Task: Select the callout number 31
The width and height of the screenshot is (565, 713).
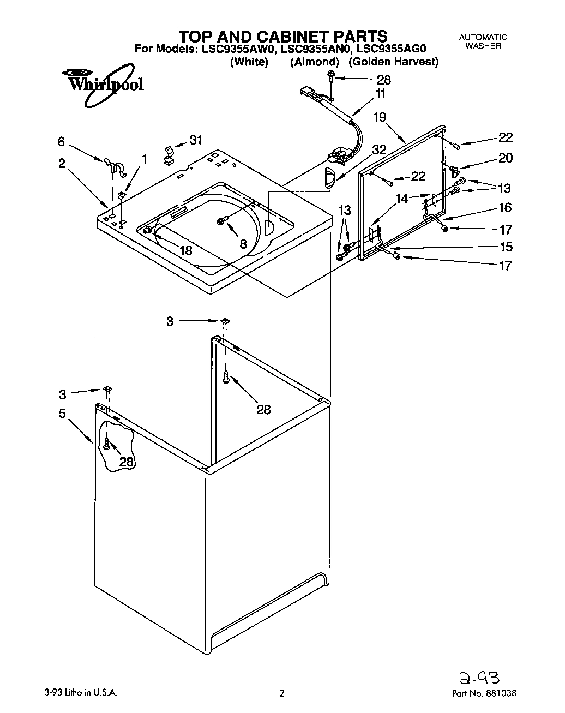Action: tap(195, 140)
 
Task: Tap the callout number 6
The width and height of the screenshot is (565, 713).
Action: tap(61, 142)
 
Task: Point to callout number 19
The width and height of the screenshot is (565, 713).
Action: tap(380, 117)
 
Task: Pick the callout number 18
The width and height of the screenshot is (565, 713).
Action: tap(186, 250)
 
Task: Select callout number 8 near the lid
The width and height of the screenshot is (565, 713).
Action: tap(243, 243)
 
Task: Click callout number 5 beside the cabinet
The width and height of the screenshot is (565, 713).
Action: tap(62, 414)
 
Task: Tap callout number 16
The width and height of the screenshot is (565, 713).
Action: tap(505, 207)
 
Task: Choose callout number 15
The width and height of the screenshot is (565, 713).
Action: tap(506, 247)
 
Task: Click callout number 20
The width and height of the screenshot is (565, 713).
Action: tap(506, 158)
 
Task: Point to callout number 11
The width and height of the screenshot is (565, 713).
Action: tap(380, 93)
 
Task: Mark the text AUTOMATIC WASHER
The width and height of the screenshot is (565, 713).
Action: tap(483, 41)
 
